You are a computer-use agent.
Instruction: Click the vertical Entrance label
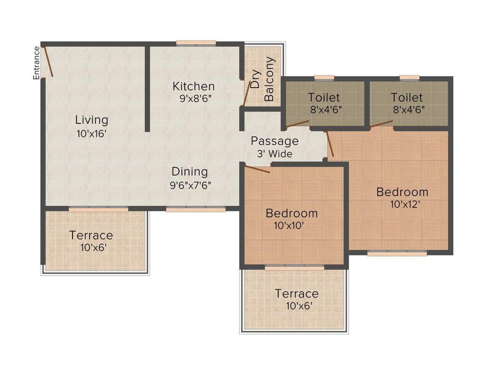pyautogui.click(x=36, y=63)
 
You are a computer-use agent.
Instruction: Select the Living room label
pyautogui.click(x=92, y=119)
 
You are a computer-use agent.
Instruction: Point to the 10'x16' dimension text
pyautogui.click(x=91, y=134)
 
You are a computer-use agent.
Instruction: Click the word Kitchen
pyautogui.click(x=193, y=86)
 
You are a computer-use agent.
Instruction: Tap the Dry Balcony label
pyautogui.click(x=262, y=79)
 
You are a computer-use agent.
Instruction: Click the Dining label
pyautogui.click(x=190, y=172)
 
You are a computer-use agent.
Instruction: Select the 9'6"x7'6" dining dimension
pyautogui.click(x=191, y=185)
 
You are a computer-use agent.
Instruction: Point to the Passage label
pyautogui.click(x=275, y=141)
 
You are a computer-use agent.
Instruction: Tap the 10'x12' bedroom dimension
pyautogui.click(x=402, y=205)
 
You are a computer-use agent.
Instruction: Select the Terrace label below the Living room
pyautogui.click(x=91, y=235)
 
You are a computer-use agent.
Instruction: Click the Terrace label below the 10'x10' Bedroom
pyautogui.click(x=297, y=293)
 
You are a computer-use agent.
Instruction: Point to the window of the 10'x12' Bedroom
pyautogui.click(x=397, y=253)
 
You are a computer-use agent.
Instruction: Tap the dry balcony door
pyautogui.click(x=246, y=93)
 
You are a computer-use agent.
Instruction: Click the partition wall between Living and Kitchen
pyautogui.click(x=148, y=88)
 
